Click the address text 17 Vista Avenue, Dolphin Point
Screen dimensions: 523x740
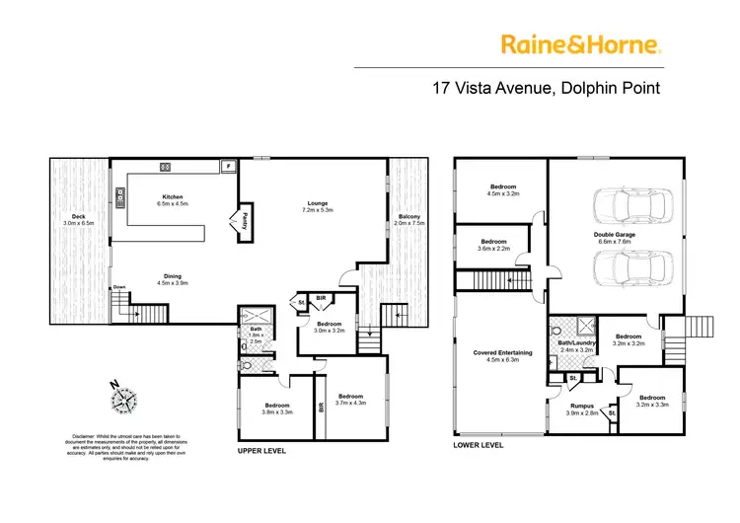point(547,87)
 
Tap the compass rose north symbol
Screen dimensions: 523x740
point(123,399)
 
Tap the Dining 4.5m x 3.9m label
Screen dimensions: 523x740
point(171,279)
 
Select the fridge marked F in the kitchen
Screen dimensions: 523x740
point(228,166)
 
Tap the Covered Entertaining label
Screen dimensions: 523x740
point(497,355)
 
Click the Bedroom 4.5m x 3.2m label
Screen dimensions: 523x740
point(504,189)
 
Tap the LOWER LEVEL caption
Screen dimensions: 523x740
point(478,445)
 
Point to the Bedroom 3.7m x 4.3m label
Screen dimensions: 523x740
point(349,399)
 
